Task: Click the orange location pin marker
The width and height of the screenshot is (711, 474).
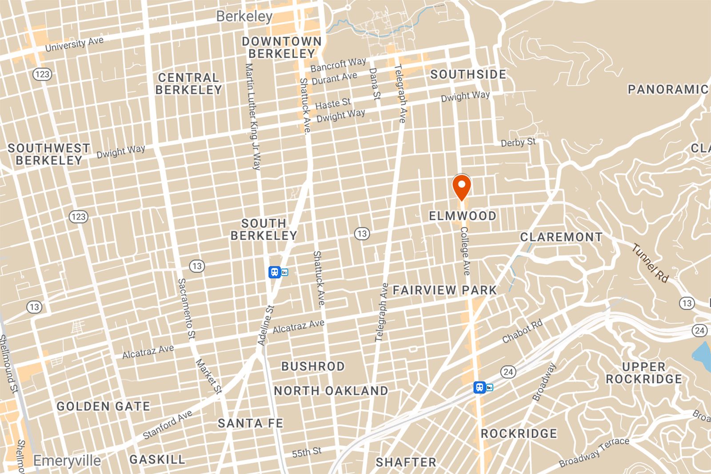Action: [x=462, y=187]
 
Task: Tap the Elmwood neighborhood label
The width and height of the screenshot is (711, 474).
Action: [x=462, y=216]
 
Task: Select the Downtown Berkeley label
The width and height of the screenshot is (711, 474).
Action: [x=281, y=48]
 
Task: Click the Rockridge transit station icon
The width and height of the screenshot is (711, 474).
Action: [x=479, y=387]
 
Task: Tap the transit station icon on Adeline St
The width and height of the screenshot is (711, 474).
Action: [x=274, y=272]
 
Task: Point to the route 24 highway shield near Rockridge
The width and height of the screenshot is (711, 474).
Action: [x=508, y=372]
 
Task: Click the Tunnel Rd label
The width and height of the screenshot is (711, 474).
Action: [x=651, y=263]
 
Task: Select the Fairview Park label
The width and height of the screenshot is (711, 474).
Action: [x=444, y=291]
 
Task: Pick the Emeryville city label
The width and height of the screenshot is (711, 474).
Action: [x=67, y=461]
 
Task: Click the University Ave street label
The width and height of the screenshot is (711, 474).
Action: [x=74, y=44]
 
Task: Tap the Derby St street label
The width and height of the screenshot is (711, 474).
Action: [x=518, y=143]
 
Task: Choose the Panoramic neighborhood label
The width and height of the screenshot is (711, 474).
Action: [x=668, y=90]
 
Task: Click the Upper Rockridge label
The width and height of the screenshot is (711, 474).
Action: [x=643, y=373]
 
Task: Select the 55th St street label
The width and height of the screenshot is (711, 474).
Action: [x=307, y=453]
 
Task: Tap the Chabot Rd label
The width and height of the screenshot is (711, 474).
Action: [x=523, y=331]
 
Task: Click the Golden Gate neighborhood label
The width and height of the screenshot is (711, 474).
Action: [x=103, y=406]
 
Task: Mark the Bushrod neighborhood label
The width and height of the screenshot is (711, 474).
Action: [x=313, y=366]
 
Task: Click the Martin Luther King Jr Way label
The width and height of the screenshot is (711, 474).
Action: [x=252, y=116]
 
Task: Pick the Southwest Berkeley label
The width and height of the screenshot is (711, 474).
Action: [x=49, y=154]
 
